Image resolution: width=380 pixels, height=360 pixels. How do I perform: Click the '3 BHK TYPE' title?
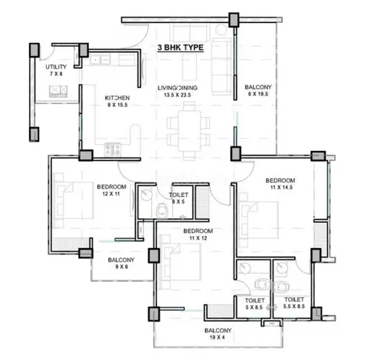tap(182, 47)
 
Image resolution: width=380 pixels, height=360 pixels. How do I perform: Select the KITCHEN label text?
tap(117, 98)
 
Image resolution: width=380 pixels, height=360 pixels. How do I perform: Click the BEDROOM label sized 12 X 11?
tap(111, 186)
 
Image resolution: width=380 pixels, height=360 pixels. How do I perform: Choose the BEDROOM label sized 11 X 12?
tap(197, 231)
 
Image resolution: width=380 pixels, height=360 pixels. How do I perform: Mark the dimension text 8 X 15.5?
tap(117, 107)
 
